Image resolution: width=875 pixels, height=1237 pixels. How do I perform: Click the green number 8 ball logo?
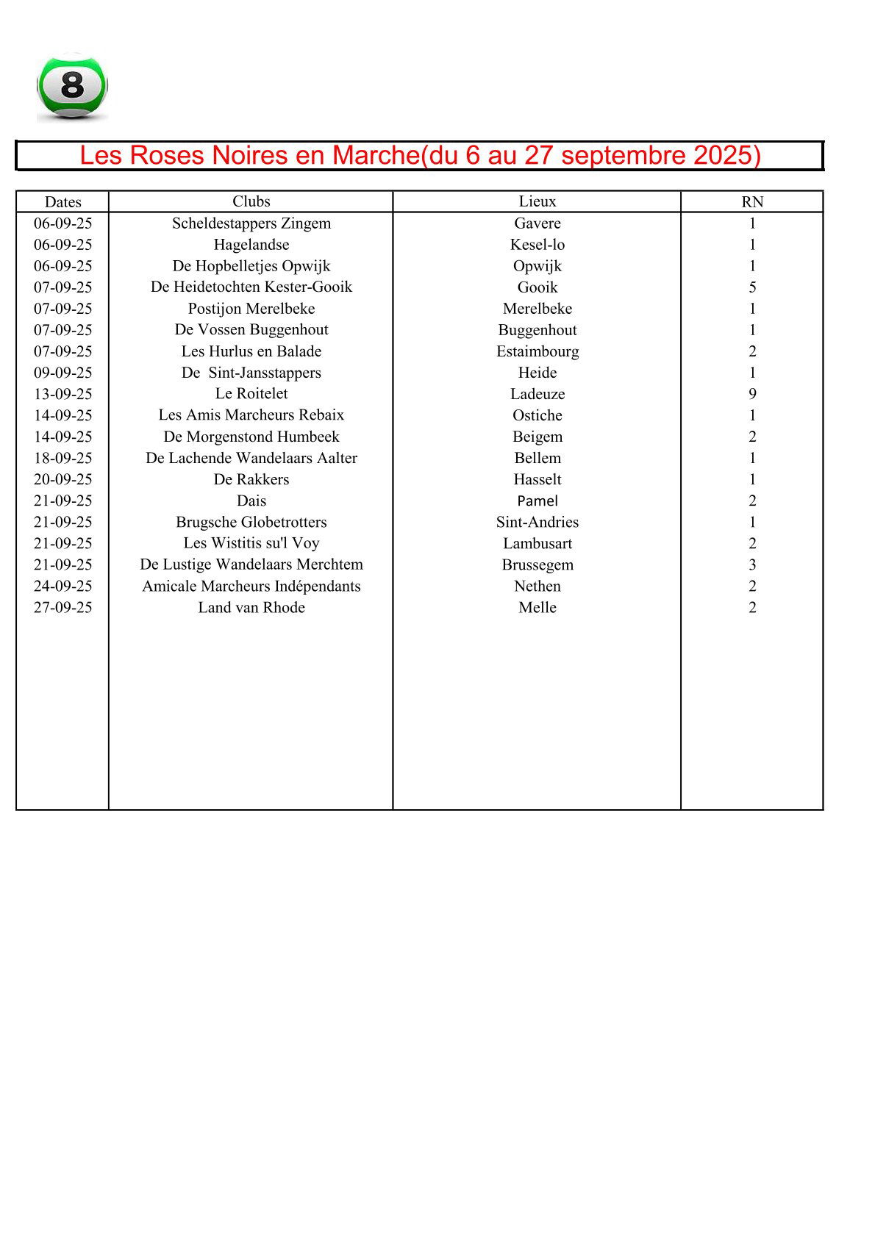(72, 86)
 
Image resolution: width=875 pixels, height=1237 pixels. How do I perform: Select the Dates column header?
(63, 202)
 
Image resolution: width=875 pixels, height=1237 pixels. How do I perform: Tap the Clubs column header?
(251, 201)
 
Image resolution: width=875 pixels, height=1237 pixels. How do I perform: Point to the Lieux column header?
(537, 201)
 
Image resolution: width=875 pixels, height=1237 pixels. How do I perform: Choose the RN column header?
(752, 202)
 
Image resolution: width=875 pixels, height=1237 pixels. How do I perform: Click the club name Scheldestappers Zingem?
(251, 223)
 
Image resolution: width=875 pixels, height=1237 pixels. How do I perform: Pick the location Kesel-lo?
(537, 245)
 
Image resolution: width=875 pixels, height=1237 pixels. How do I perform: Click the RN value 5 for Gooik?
(752, 287)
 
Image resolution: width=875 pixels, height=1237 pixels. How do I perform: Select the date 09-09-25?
(63, 373)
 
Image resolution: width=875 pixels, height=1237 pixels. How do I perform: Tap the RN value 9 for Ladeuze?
(752, 394)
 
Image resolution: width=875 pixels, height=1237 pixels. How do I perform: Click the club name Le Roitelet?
(251, 393)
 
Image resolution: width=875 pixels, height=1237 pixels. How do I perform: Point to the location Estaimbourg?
(537, 351)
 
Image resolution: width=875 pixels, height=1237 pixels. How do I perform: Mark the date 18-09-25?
(63, 458)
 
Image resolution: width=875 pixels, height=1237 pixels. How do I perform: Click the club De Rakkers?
(251, 479)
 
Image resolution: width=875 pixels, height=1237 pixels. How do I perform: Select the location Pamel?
(537, 501)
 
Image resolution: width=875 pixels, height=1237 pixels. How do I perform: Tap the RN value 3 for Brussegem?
(752, 564)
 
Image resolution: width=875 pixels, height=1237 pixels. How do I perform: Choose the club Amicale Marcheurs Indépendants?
(251, 586)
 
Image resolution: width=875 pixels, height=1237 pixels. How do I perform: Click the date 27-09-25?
(63, 607)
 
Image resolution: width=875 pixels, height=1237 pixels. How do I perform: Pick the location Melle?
(537, 607)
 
